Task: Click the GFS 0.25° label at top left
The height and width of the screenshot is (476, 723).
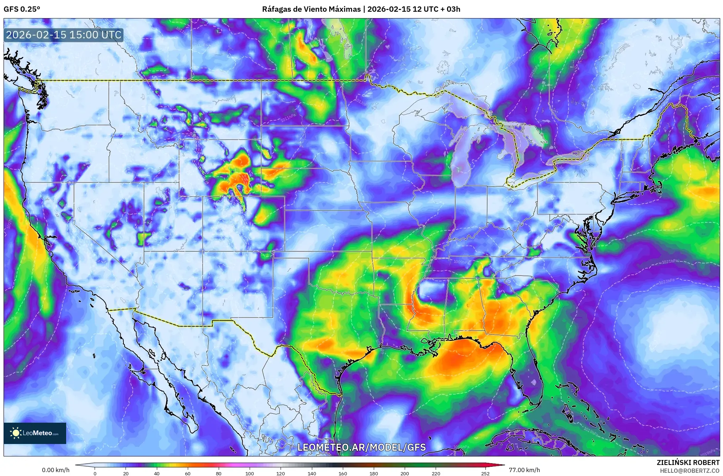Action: click(22, 9)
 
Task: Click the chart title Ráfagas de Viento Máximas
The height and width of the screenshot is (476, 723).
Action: click(311, 9)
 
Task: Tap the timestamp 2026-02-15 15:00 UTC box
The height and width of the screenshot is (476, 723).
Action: click(64, 35)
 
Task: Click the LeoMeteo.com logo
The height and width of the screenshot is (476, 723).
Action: click(34, 433)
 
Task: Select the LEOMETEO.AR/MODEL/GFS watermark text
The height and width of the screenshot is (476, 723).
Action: click(361, 447)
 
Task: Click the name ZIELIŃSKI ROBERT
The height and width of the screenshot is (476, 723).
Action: click(688, 462)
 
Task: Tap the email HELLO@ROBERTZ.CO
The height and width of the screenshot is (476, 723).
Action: click(690, 471)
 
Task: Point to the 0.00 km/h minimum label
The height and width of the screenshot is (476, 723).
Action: click(55, 470)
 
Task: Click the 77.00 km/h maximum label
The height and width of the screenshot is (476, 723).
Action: click(524, 470)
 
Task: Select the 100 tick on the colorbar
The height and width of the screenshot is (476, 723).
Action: click(250, 473)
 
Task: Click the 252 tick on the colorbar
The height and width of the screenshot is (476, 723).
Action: click(485, 473)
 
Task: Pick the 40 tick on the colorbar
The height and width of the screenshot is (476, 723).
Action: click(156, 473)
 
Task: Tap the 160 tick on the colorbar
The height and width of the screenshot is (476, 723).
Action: click(343, 473)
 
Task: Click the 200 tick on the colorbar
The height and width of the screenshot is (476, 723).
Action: click(405, 473)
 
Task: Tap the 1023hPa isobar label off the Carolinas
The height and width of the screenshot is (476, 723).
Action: click(666, 282)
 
